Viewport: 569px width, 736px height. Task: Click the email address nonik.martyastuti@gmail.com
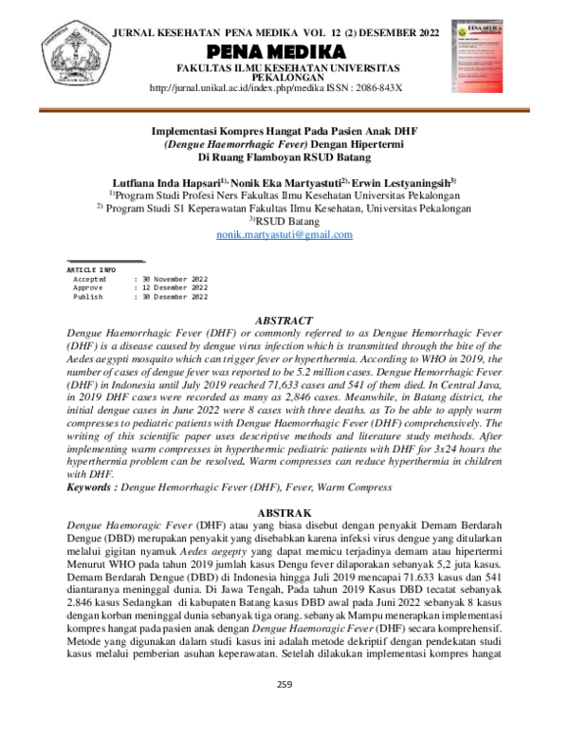[x=284, y=234]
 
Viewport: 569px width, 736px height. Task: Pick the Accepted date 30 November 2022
[x=174, y=280]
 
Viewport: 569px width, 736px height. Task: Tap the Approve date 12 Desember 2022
[x=174, y=288]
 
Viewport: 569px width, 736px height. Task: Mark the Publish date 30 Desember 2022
[x=174, y=297]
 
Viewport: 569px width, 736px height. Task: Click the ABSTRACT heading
[x=284, y=322]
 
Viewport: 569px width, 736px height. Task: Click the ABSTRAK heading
[x=284, y=511]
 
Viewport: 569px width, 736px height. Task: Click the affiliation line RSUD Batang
[x=284, y=221]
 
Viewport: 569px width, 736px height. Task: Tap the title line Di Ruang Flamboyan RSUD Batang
[x=284, y=157]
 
